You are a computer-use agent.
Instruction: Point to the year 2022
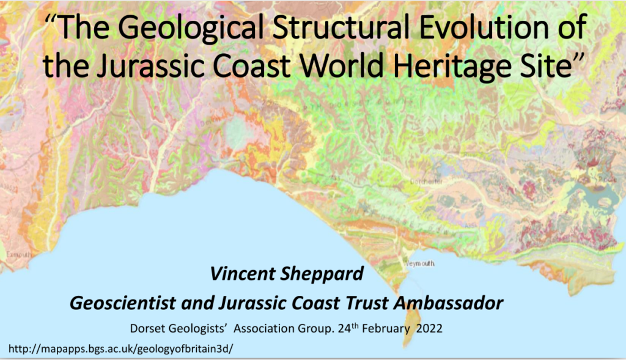coord(429,328)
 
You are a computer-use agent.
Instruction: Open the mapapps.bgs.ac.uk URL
coord(121,348)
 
